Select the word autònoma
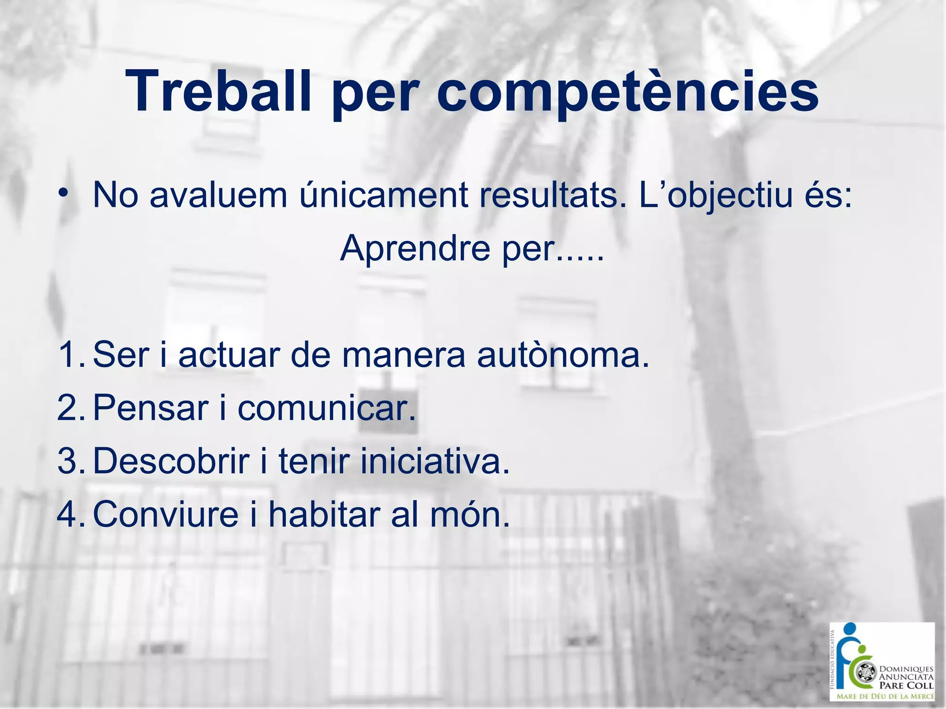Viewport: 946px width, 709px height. [563, 354]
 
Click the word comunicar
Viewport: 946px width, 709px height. [326, 408]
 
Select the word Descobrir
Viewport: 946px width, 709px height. [171, 461]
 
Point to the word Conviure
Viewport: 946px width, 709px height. [165, 514]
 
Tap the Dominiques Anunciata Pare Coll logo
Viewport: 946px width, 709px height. [882, 661]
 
